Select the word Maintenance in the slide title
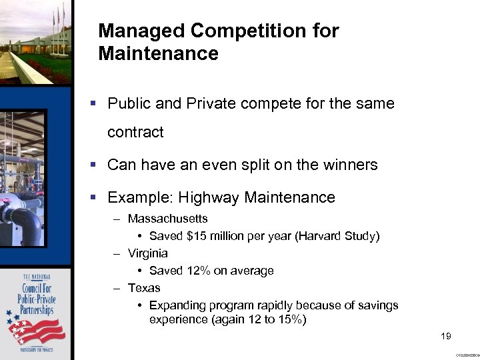(x=158, y=54)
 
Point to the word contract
(x=135, y=133)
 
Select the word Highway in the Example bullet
(x=211, y=198)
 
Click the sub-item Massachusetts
(x=167, y=219)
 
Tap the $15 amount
(x=199, y=236)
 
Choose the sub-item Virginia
(x=147, y=253)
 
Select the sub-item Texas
(x=144, y=288)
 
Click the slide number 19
(x=446, y=336)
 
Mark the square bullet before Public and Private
(x=94, y=104)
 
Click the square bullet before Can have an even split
(x=94, y=165)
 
